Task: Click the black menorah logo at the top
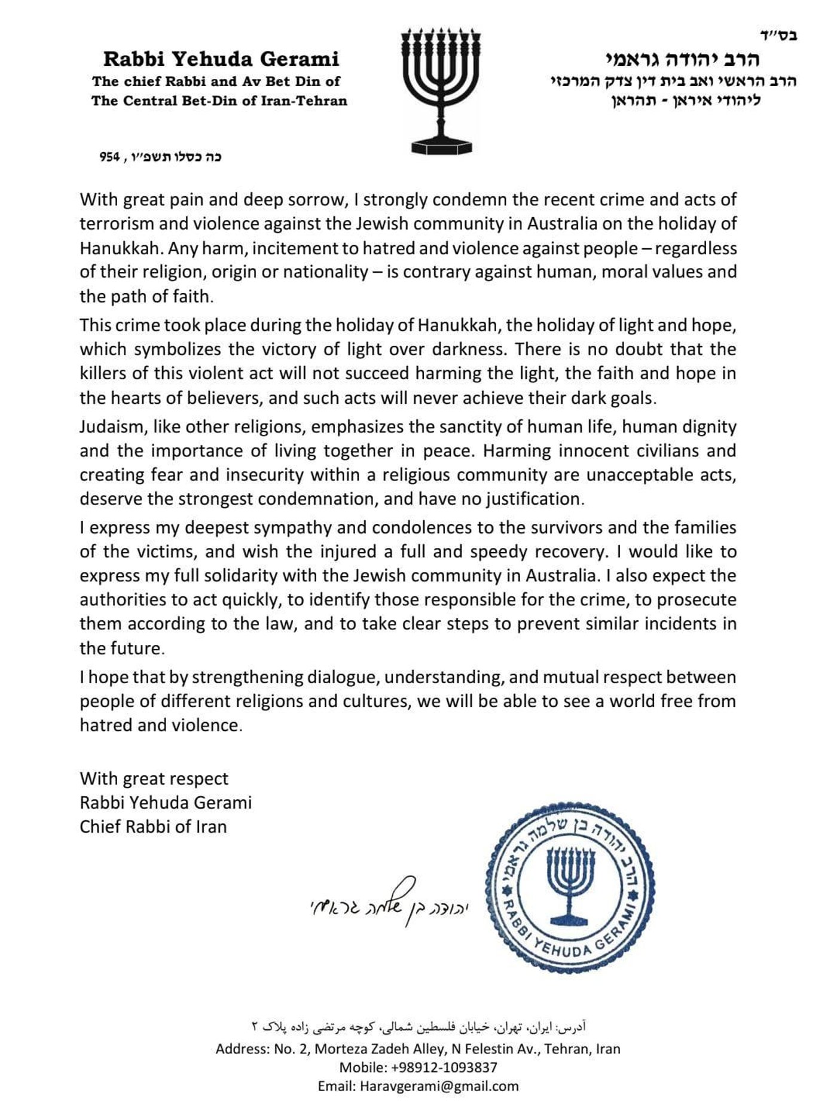tap(442, 90)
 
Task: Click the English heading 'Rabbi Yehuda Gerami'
tap(221, 59)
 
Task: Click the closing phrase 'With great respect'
tap(154, 778)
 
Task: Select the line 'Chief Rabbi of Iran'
tap(153, 826)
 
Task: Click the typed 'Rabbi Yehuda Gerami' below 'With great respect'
tap(166, 802)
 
